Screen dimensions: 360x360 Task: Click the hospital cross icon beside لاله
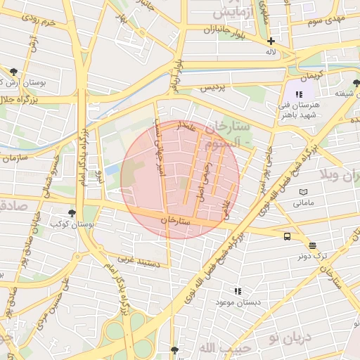click(x=271, y=41)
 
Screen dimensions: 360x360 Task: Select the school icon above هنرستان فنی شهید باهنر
click(x=299, y=94)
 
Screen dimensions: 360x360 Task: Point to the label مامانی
click(x=304, y=203)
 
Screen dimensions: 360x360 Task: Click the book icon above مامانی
click(x=304, y=192)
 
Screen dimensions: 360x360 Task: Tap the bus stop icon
click(x=287, y=236)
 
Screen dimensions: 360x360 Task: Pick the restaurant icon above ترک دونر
click(x=312, y=245)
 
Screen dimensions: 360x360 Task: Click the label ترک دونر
click(x=312, y=257)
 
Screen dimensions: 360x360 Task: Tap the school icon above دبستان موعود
click(x=238, y=290)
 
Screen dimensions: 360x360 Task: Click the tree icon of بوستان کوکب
click(x=72, y=212)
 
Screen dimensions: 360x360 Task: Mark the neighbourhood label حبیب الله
click(x=216, y=348)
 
